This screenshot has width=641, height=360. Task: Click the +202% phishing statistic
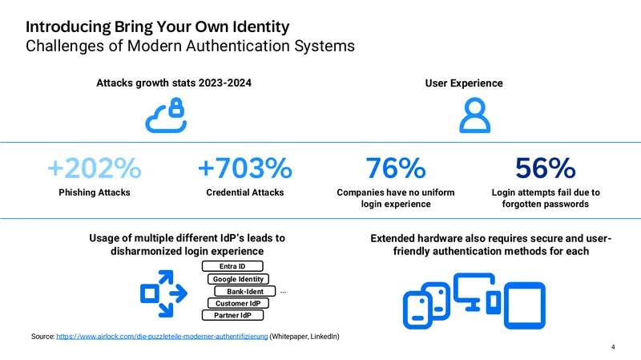[x=95, y=168]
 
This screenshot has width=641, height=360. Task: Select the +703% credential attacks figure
[x=245, y=168]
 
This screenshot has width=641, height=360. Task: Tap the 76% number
[x=395, y=168]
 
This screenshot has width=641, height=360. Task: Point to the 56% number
[x=546, y=168]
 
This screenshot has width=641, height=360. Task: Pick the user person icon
[x=474, y=115]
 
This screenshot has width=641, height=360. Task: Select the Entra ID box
[x=232, y=266]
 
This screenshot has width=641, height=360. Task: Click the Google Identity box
[x=238, y=279]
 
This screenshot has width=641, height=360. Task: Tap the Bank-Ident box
[x=245, y=291]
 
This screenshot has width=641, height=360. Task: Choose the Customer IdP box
[x=238, y=303]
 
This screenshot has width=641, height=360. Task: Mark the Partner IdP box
[x=232, y=315]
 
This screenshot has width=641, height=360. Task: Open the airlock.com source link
[x=162, y=336]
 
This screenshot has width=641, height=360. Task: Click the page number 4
[x=613, y=347]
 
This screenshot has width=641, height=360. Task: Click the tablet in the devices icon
[x=525, y=305]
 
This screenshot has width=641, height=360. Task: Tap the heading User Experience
[x=464, y=83]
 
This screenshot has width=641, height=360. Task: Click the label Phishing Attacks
[x=95, y=192]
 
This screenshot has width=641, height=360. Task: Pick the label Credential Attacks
[x=245, y=192]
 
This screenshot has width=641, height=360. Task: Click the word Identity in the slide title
[x=261, y=27]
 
